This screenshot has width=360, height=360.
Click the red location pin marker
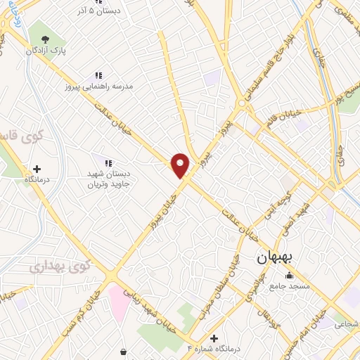(180, 165)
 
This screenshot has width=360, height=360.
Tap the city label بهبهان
(278, 257)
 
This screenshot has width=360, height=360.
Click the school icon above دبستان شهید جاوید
(109, 162)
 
